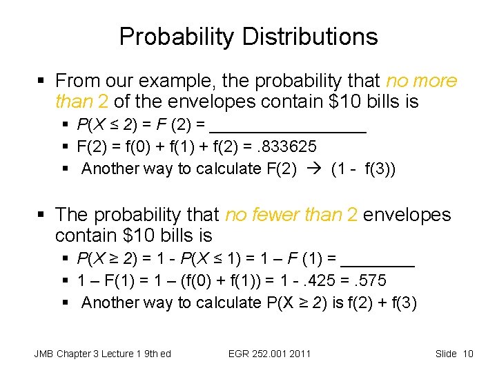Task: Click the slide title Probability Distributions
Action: (248, 36)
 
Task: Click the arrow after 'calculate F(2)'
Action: (313, 169)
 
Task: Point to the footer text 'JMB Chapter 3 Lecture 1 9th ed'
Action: (102, 354)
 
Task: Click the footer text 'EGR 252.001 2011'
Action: (269, 354)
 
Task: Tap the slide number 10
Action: (467, 354)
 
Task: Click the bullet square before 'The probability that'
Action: (43, 216)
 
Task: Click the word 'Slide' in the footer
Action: (447, 354)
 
